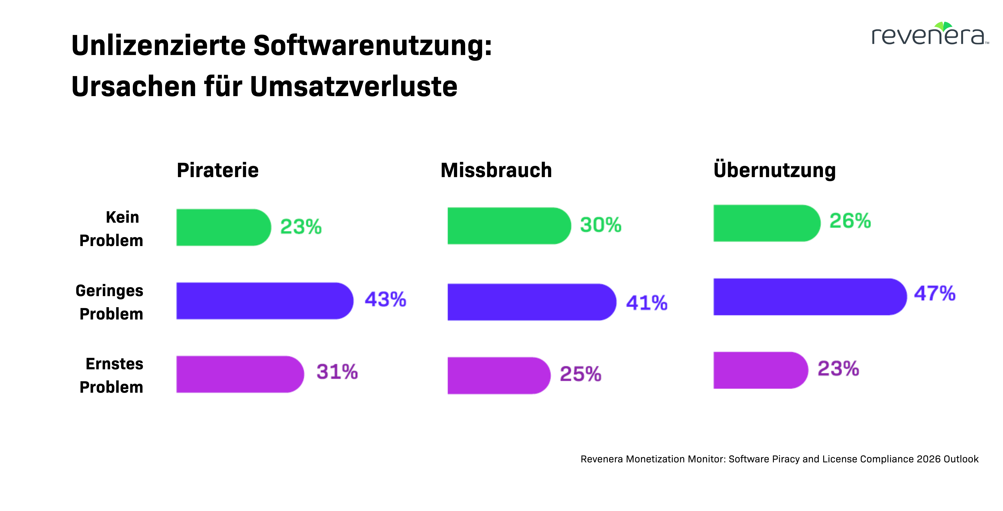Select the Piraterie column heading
coord(218,170)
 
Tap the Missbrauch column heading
coord(496,170)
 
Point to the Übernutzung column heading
coord(775,170)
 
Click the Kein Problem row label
coord(111,229)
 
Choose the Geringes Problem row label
coord(110,302)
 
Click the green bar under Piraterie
coord(223,227)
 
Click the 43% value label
coord(385,299)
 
